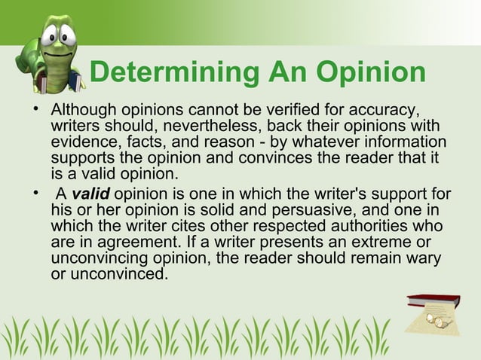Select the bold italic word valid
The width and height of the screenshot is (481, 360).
tap(90, 197)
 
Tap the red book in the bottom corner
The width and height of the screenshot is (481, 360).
tap(433, 302)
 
